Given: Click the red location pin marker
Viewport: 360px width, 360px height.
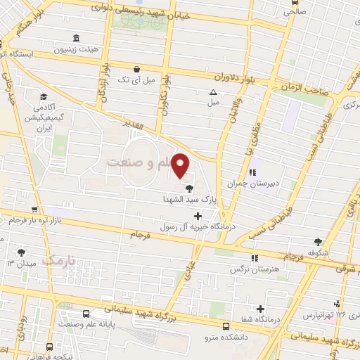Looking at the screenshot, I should click(181, 165).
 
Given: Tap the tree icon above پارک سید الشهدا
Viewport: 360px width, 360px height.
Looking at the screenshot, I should click(189, 188).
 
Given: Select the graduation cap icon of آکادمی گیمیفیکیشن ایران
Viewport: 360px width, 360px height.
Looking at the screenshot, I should click(43, 97).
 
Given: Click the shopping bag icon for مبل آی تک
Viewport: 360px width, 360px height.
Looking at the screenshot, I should click(136, 68).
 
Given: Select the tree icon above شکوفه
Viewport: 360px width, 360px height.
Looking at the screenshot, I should click(318, 241).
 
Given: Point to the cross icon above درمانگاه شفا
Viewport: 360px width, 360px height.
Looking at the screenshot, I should click(261, 308).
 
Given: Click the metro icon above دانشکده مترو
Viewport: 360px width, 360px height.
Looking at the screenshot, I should click(226, 326).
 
